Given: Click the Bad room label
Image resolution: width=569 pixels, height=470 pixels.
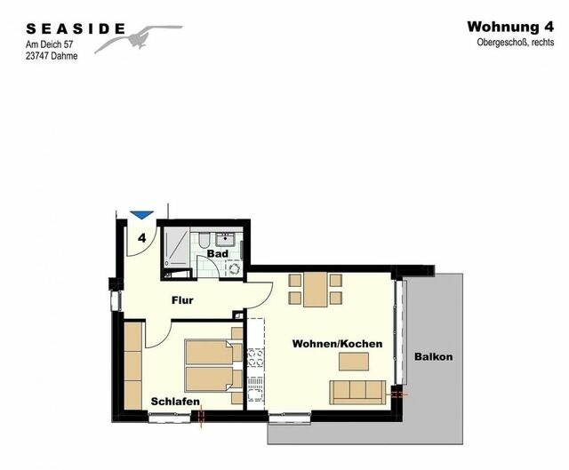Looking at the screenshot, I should point(218,254).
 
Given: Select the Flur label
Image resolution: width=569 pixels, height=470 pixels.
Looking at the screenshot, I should point(182,300).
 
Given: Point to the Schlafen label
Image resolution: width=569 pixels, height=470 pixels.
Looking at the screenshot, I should point(174,402).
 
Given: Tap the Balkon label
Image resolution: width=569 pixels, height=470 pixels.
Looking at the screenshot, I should point(434,357).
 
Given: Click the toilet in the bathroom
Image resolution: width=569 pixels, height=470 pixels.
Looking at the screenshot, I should point(203,240).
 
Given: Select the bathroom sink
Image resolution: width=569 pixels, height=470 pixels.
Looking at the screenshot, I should point(227,238).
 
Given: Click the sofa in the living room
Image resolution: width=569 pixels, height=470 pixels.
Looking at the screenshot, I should point(357,391).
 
